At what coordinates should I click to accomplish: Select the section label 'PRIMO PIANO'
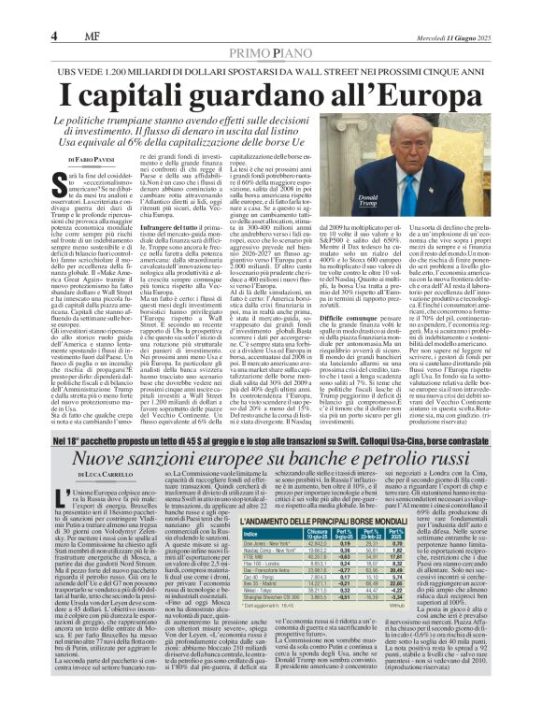(270, 29)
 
